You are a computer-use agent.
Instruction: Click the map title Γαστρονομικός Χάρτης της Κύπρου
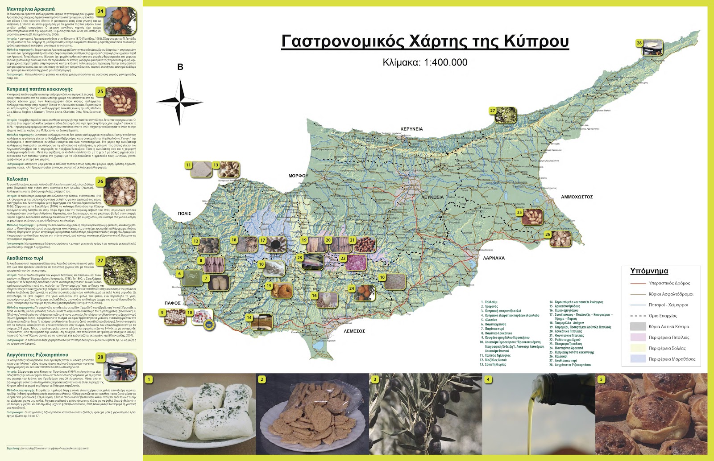point(425,41)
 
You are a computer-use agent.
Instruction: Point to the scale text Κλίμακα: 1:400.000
point(425,62)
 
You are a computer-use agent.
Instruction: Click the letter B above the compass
point(180,67)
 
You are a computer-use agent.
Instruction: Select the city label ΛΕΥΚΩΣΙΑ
point(432,197)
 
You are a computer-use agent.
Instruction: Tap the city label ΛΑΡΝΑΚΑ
point(494,258)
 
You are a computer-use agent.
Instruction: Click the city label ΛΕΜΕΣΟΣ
point(354,331)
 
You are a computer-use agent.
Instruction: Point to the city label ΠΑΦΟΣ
point(172,303)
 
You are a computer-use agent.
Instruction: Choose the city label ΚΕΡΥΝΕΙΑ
point(411,129)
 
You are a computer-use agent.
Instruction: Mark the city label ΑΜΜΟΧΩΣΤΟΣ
point(577,197)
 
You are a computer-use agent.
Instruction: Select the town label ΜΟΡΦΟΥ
point(298,176)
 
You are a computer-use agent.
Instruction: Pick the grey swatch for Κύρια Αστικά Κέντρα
point(638,326)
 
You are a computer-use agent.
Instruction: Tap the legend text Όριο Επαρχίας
point(663,316)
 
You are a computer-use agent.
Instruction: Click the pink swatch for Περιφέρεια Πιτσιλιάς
point(638,338)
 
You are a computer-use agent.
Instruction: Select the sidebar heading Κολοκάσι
point(17,179)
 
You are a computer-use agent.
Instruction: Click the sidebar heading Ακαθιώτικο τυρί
point(25,258)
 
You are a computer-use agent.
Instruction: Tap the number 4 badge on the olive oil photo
point(488,379)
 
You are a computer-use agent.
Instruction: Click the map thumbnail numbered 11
point(199,169)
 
